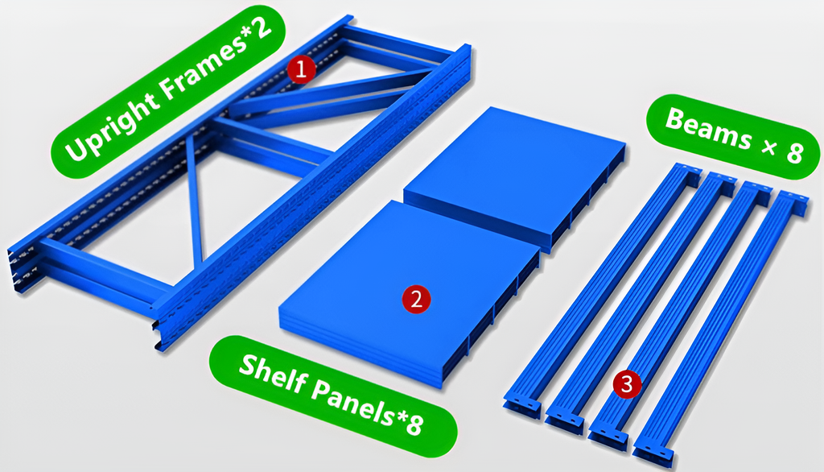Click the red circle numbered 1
tap(301, 69)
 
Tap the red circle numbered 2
tap(416, 300)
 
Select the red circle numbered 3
tap(627, 385)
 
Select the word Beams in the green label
tap(709, 130)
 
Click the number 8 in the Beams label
tap(794, 152)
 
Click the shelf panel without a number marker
tap(515, 174)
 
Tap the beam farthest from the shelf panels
tap(721, 327)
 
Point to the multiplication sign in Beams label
tap(769, 147)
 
